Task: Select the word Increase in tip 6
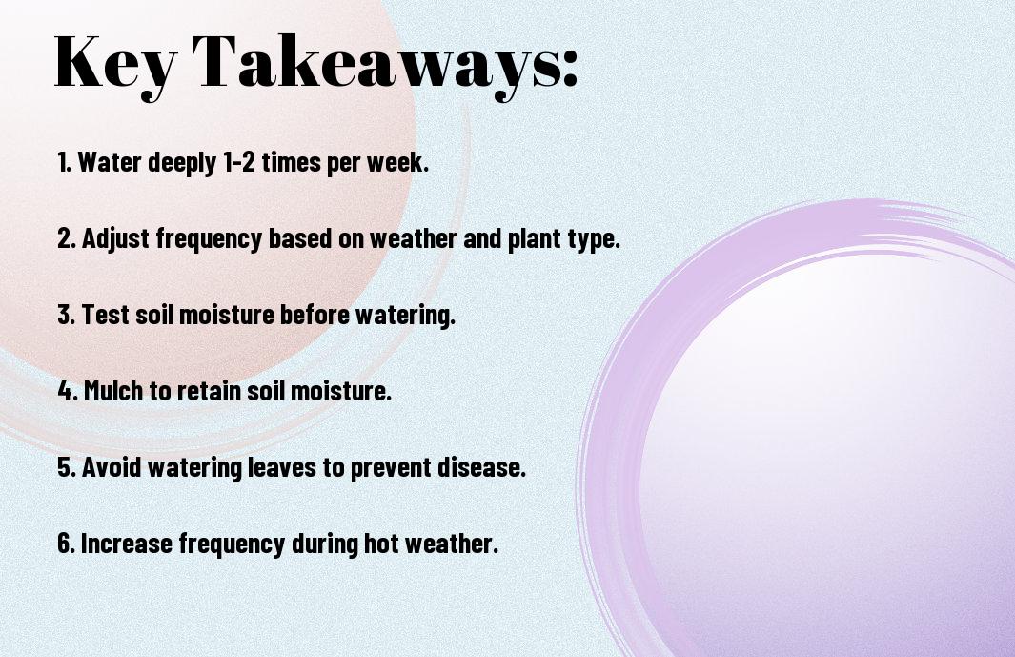coord(127,543)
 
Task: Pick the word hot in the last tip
coord(381,543)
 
